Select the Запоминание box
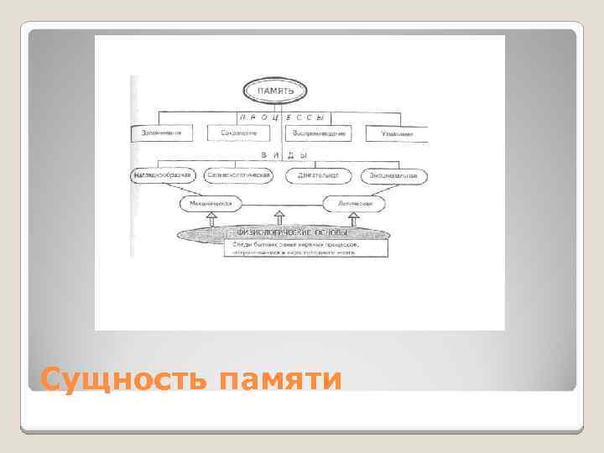click(162, 133)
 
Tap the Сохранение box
click(239, 133)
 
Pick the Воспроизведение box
click(318, 133)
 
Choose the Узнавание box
click(395, 133)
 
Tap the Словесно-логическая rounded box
click(242, 176)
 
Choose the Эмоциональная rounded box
click(394, 176)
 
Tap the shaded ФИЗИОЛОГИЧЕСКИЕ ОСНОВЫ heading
click(282, 232)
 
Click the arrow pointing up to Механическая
click(211, 218)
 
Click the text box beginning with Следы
click(305, 248)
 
